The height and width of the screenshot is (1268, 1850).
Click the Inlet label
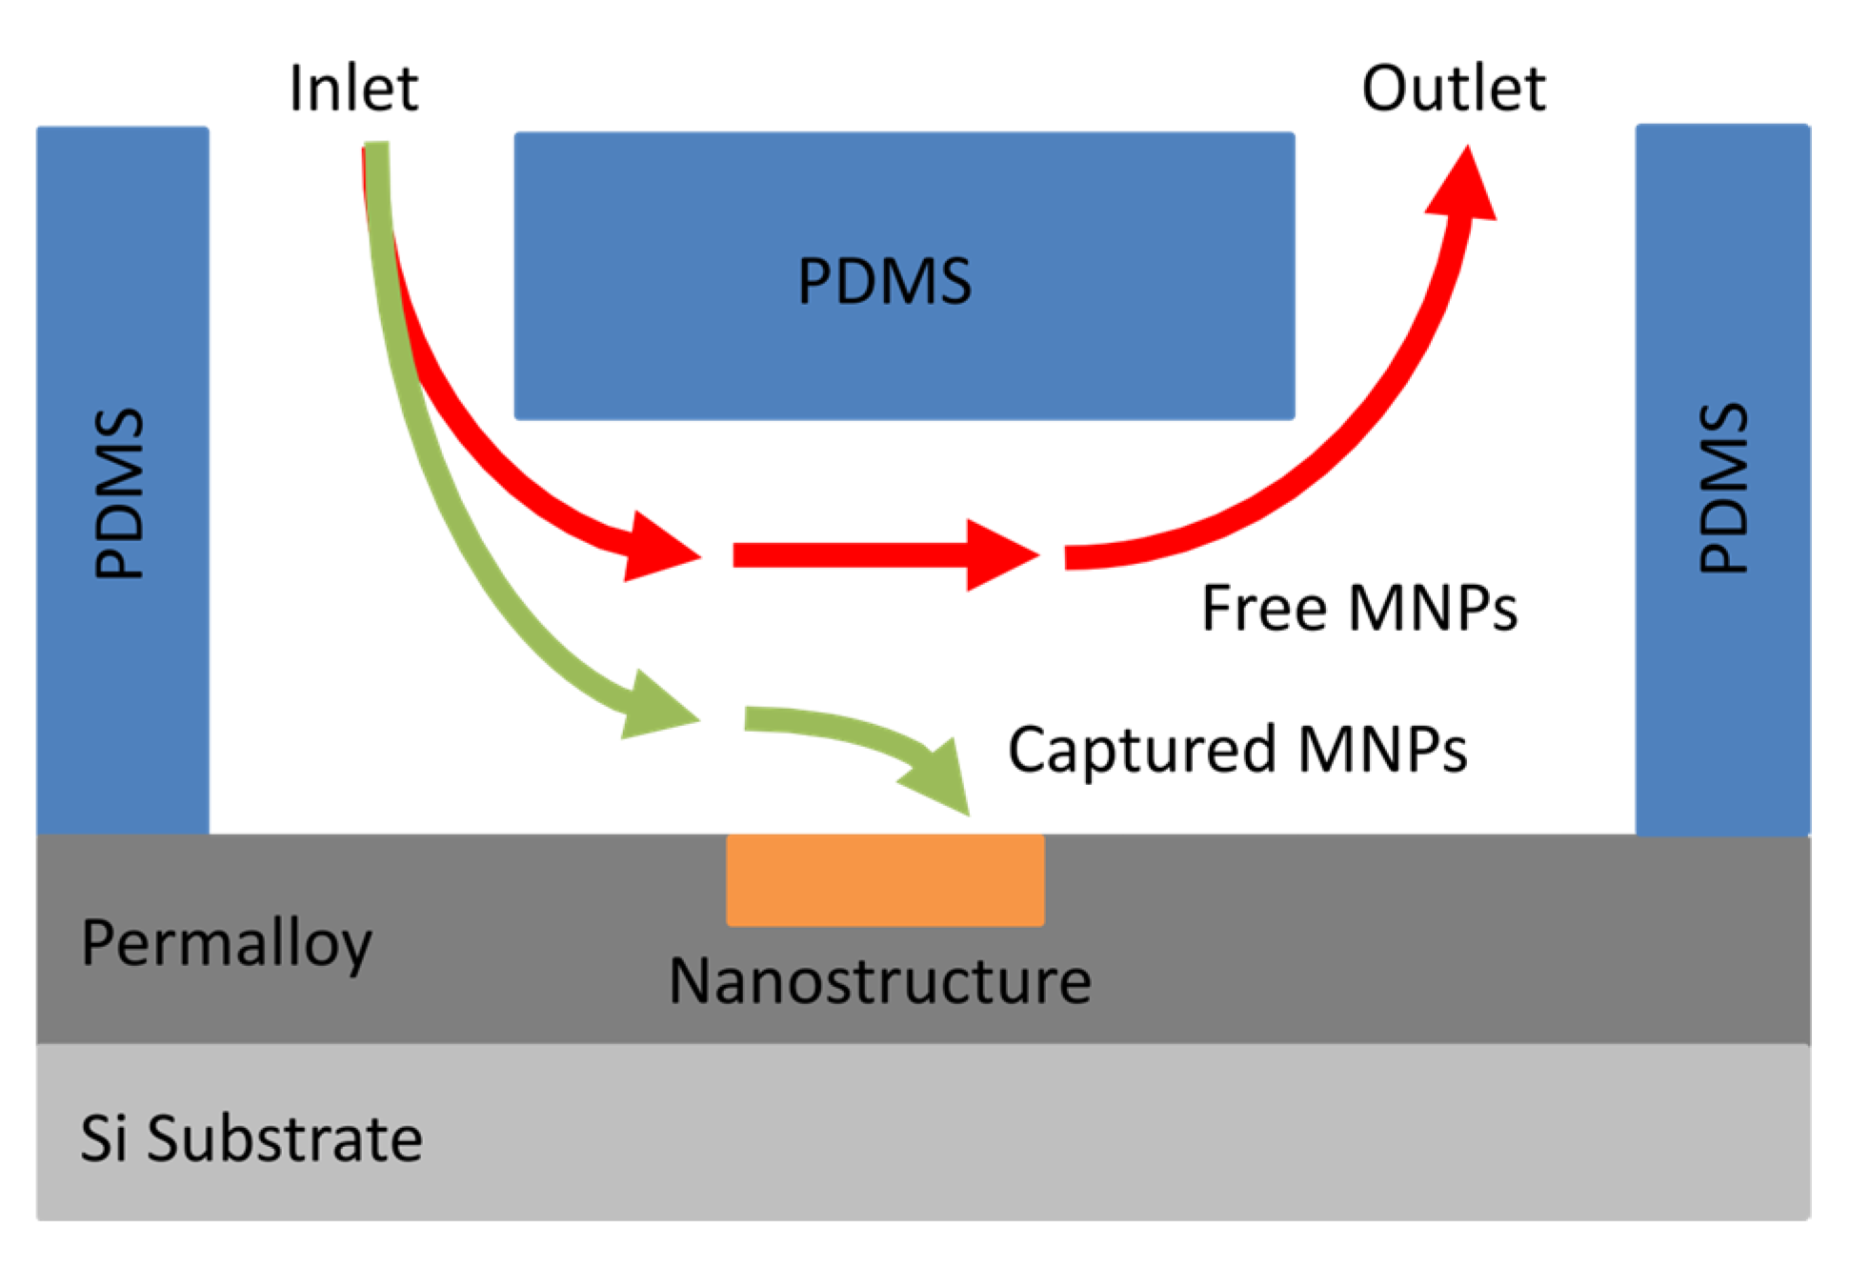(352, 88)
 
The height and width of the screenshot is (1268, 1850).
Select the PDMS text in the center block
(884, 281)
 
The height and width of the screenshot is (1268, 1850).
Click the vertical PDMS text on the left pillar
(120, 493)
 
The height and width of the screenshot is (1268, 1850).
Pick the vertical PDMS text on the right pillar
(1723, 488)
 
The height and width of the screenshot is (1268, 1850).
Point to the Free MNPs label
(1358, 608)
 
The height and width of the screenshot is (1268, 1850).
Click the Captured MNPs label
(1237, 749)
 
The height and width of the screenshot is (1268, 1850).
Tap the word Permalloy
(227, 943)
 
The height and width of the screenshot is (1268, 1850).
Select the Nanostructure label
(879, 981)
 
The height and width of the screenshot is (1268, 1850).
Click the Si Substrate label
(251, 1138)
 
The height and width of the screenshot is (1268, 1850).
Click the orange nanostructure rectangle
(885, 879)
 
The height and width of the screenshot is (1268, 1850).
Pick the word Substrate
(284, 1138)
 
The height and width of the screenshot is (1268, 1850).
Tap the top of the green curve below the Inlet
(377, 157)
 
